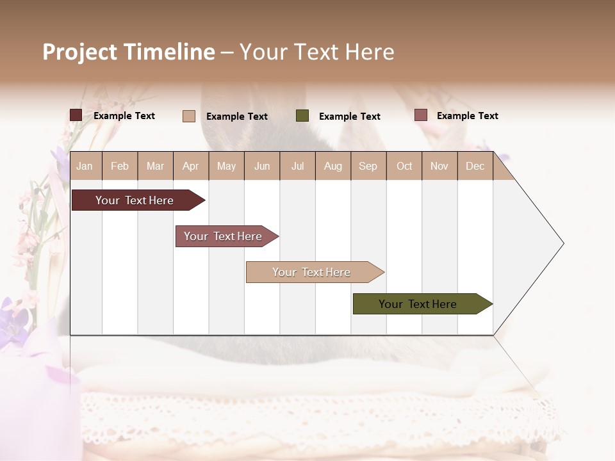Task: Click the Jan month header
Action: (85, 166)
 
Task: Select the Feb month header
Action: (120, 166)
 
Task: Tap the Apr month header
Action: (190, 166)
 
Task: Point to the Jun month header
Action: (262, 166)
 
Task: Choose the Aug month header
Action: (332, 166)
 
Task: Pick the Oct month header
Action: (404, 166)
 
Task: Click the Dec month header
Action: (475, 166)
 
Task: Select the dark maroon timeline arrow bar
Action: (135, 200)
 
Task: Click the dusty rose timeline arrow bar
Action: (223, 236)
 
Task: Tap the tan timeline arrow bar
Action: (311, 272)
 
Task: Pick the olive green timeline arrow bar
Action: (418, 304)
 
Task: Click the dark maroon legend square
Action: (76, 115)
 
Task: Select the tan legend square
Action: (188, 116)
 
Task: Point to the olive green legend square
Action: (302, 116)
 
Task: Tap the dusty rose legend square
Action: (420, 115)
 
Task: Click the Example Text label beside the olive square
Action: (349, 117)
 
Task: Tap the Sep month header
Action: (368, 166)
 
